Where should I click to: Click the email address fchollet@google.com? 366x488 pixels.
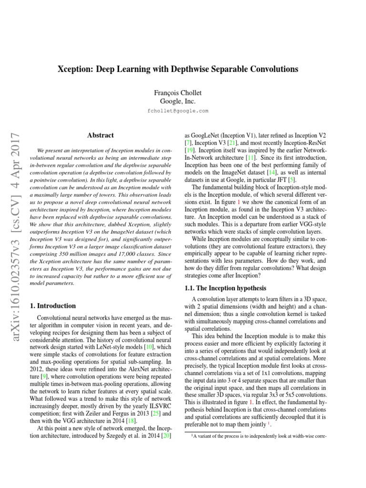[178, 111]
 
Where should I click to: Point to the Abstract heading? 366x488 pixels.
[101, 135]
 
